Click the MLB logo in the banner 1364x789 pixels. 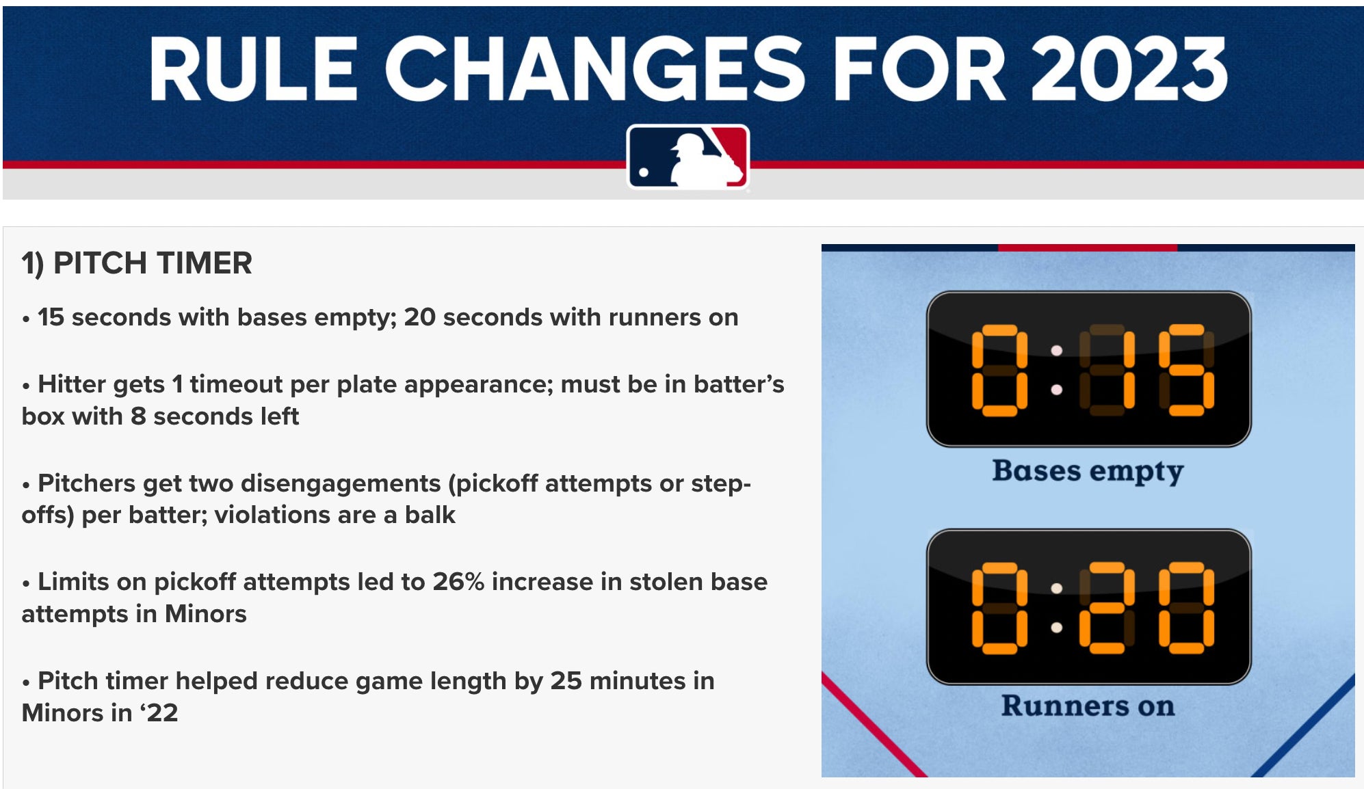pos(687,157)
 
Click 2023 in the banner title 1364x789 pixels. pos(1129,69)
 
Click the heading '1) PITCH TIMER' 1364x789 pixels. pos(137,263)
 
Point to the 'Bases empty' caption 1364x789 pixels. pos(1088,472)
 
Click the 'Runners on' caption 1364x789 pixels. pos(1088,706)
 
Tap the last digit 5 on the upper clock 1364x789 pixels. pos(1186,370)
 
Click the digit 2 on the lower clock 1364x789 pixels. pos(1107,607)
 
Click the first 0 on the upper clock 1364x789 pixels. pos(999,370)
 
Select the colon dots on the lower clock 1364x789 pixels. pos(1057,607)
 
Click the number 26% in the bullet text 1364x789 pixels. pos(458,582)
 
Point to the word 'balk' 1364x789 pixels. pos(430,515)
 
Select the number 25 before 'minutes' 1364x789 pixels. pos(566,681)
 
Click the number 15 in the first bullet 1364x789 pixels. pos(51,317)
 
